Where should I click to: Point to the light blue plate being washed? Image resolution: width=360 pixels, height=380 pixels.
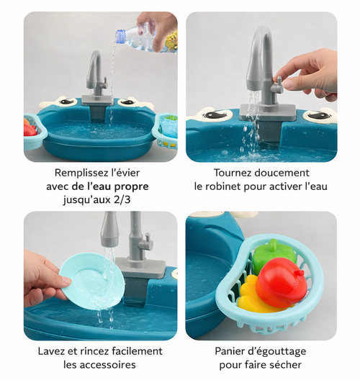(x=86, y=278)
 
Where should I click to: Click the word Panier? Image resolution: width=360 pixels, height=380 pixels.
(x=231, y=351)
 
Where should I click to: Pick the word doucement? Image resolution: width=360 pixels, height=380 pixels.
(x=283, y=173)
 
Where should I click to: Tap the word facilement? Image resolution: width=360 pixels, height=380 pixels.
(x=132, y=351)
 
